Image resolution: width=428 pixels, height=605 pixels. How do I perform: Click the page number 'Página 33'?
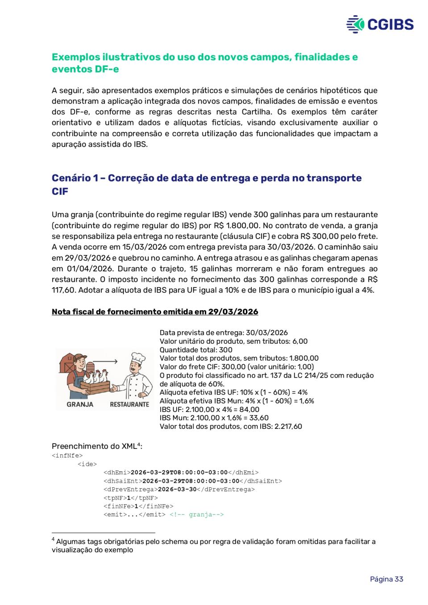point(386,579)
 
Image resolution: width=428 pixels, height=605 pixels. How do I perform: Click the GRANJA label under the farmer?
point(80,404)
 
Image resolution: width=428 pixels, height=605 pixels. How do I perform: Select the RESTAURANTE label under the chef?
point(129,404)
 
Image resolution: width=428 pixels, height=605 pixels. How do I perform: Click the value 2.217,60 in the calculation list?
point(289,426)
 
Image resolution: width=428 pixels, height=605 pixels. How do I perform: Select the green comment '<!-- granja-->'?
point(196,514)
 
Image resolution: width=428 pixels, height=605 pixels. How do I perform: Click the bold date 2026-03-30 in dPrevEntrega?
point(177,489)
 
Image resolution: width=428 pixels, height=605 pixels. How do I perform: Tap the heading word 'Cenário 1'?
point(75,178)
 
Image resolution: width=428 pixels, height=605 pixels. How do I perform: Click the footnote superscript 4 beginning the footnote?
point(53,539)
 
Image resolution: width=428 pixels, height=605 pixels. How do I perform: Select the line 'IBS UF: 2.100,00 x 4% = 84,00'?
point(209,409)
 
